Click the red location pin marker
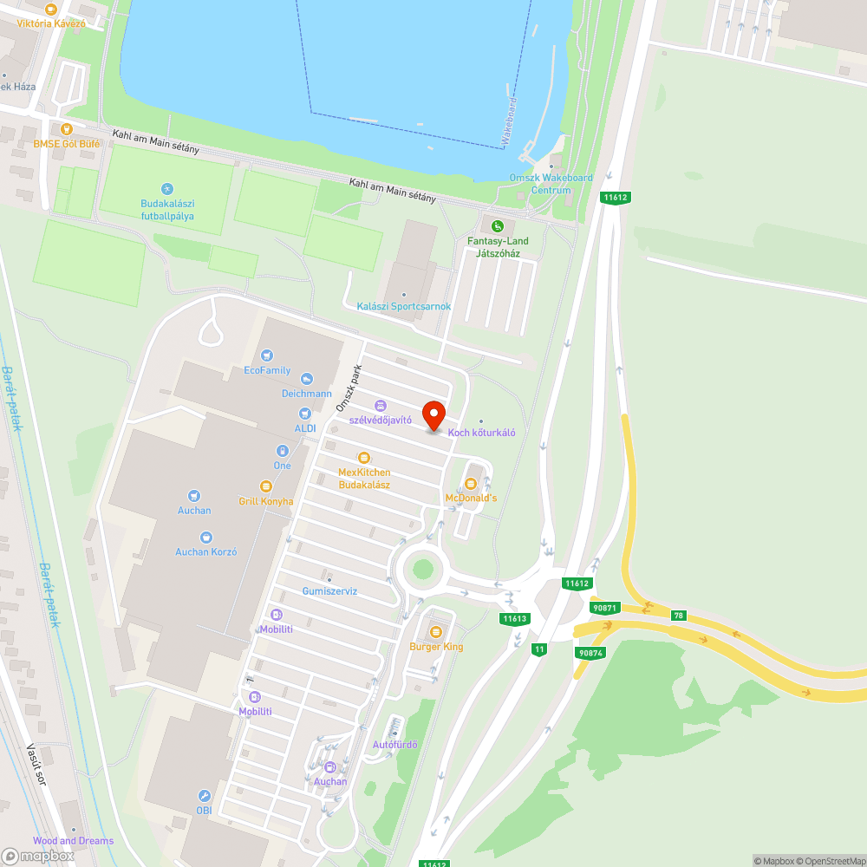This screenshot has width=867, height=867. [433, 415]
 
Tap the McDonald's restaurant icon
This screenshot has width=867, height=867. [471, 484]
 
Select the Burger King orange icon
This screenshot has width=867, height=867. [436, 632]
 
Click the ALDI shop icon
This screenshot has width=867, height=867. [304, 414]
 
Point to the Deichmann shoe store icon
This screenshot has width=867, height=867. [305, 379]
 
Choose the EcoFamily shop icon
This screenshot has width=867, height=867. [267, 355]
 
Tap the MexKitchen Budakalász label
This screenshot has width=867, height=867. [364, 478]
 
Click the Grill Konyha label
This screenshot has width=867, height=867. [266, 501]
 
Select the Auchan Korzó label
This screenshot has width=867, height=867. [206, 551]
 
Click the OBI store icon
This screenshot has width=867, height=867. [204, 795]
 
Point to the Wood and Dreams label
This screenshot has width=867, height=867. [73, 841]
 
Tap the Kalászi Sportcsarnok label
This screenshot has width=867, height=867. [403, 306]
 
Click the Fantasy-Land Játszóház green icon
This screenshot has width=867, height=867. [497, 226]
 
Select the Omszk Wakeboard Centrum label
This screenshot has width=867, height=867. [551, 184]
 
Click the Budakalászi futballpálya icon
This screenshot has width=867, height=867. [167, 188]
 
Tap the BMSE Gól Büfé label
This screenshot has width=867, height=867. [67, 143]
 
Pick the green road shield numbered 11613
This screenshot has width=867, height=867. [515, 618]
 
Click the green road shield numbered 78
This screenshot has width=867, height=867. [678, 615]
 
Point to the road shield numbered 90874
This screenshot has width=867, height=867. [590, 653]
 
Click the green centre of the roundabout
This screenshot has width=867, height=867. [422, 570]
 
